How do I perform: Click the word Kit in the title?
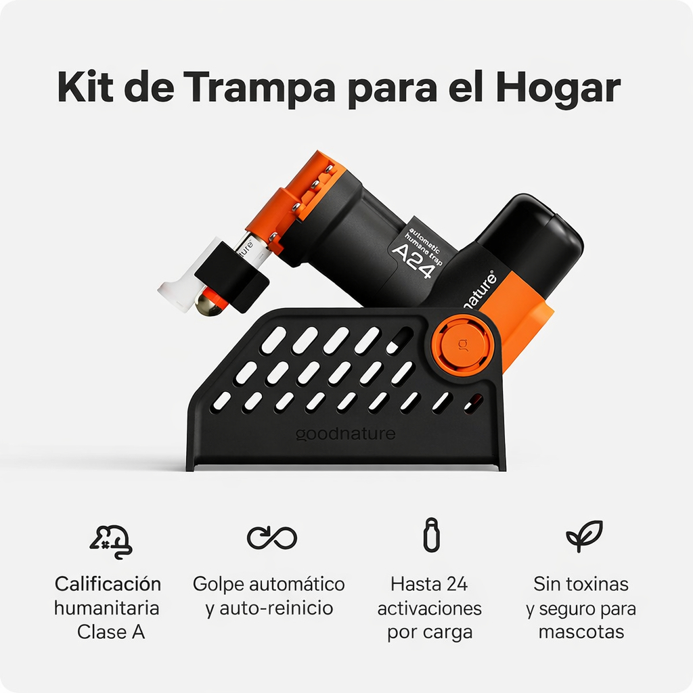pyautogui.click(x=83, y=87)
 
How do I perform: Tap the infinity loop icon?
pyautogui.click(x=272, y=538)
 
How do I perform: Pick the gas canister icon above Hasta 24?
pyautogui.click(x=431, y=535)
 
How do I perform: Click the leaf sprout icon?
pyautogui.click(x=584, y=536)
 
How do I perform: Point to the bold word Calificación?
pyautogui.click(x=108, y=584)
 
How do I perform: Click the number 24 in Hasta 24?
pyautogui.click(x=457, y=584)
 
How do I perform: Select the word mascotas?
pyautogui.click(x=581, y=631)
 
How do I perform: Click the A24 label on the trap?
pyautogui.click(x=411, y=261)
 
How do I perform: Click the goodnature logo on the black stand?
pyautogui.click(x=345, y=434)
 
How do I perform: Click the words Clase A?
pyautogui.click(x=111, y=631)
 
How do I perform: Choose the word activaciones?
pyautogui.click(x=430, y=608)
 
